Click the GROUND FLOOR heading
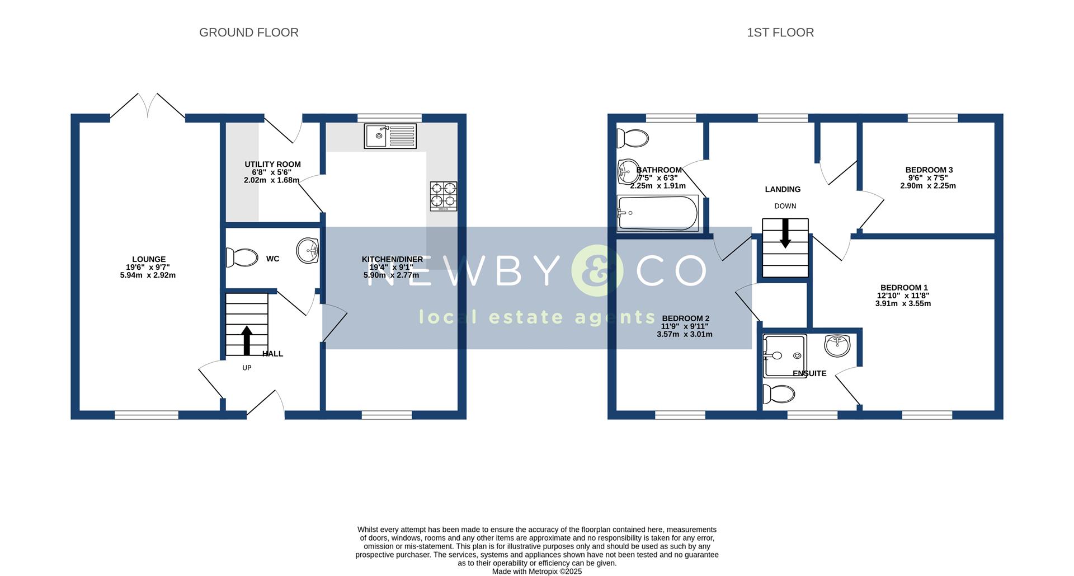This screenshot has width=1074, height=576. pos(248,32)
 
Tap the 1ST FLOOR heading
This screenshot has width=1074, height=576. pos(780,32)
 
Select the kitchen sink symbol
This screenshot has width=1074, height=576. pos(390,136)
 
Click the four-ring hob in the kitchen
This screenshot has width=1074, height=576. pos(443,196)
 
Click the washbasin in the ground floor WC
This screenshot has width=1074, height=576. pos(307,250)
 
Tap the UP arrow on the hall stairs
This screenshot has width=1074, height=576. pos(247,340)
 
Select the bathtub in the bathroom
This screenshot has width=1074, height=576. pos(658,213)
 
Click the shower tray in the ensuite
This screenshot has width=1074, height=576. pos(784,355)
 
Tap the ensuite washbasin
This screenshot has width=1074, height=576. pos(837,344)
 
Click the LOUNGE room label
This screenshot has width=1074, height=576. pos(149,259)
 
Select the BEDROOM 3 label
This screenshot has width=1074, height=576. pos(929,170)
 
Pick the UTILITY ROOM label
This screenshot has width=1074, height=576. pos(272,164)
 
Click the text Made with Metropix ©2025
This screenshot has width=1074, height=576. pos(536,572)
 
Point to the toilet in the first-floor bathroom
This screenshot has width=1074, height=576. pos(632,137)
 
